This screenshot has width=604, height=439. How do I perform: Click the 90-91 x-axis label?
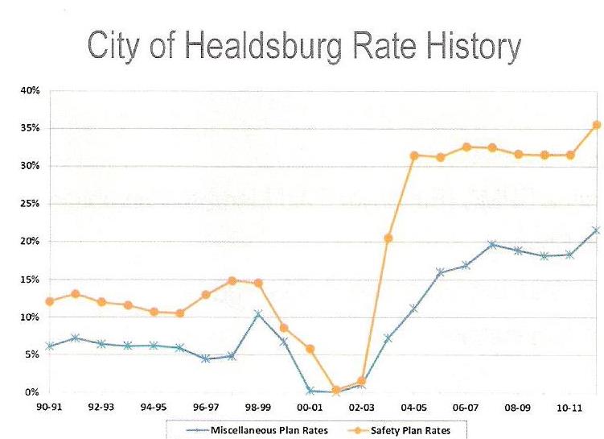[49, 408]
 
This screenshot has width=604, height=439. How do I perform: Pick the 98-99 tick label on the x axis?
[258, 408]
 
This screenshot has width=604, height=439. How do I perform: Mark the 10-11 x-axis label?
[570, 408]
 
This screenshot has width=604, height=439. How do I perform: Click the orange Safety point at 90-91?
[50, 301]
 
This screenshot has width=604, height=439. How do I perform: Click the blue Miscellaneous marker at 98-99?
[257, 313]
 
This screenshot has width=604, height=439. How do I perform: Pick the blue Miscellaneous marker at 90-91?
[50, 346]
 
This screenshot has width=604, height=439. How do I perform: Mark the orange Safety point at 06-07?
[466, 147]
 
